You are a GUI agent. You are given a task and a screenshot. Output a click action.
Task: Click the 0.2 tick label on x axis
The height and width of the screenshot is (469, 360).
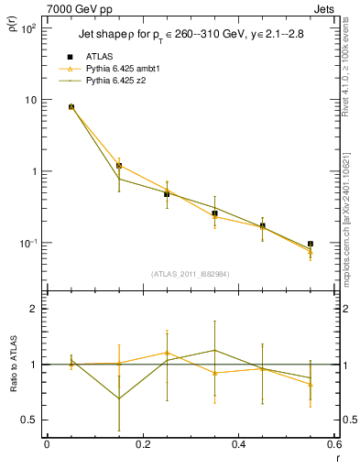point(142,445)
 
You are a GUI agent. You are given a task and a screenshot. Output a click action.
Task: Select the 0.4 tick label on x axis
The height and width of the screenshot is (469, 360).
point(238,445)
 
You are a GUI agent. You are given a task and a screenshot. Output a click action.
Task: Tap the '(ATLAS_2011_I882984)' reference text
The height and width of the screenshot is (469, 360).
point(191,273)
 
